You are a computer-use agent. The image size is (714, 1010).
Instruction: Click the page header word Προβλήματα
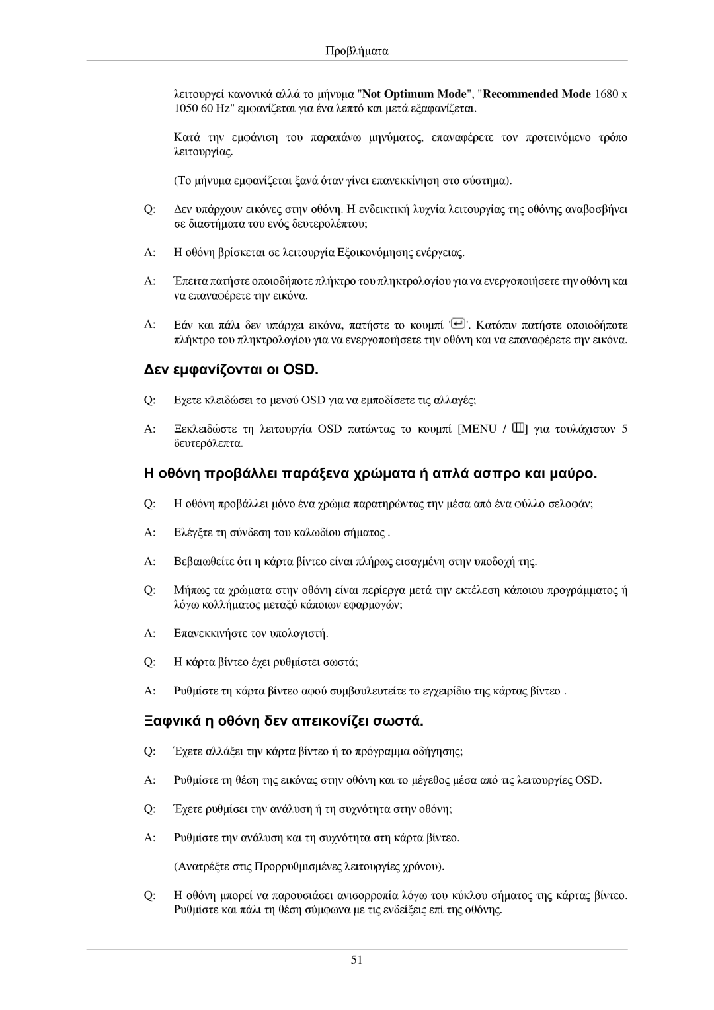click(x=357, y=50)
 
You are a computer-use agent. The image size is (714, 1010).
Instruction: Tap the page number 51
click(x=357, y=960)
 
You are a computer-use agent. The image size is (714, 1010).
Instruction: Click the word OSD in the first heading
click(x=300, y=369)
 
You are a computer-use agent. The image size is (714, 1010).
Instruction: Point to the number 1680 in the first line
click(x=607, y=93)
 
